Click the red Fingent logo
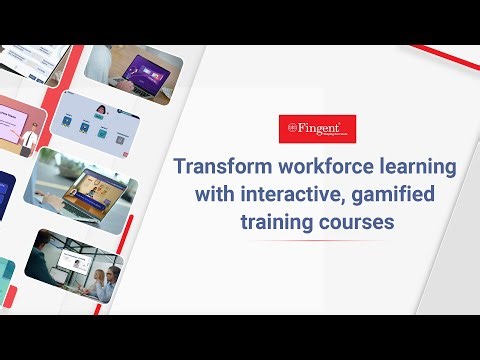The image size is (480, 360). point(318,129)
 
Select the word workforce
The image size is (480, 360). point(322,165)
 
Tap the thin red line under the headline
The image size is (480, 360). point(318,241)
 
